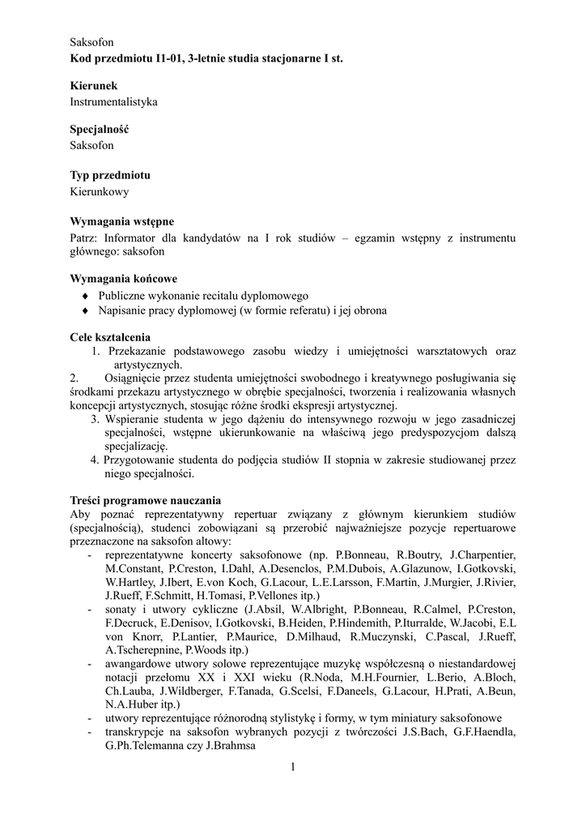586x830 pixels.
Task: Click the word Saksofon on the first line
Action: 91,41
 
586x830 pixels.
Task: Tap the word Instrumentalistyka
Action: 113,102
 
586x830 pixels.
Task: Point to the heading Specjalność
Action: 100,130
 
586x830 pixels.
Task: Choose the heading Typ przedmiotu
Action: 110,175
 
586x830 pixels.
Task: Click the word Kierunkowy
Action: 100,192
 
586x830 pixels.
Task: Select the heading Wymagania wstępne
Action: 122,220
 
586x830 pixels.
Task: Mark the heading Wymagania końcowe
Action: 124,279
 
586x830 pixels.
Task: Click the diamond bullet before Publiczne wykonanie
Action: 85,296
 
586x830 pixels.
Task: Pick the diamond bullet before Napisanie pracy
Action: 85,310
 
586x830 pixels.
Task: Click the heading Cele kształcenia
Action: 110,337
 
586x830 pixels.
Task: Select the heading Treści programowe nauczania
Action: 146,500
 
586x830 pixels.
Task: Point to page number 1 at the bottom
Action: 293,767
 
